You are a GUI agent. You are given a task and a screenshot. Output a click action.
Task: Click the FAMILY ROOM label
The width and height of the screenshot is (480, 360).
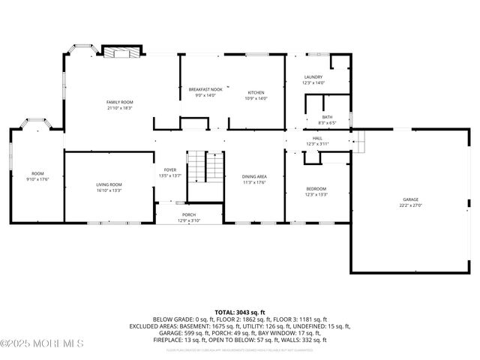(x=118, y=101)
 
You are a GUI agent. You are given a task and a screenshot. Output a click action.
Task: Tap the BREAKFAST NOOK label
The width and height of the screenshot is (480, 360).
(x=205, y=89)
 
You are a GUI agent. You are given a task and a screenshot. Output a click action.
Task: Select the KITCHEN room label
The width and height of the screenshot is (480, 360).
(x=256, y=92)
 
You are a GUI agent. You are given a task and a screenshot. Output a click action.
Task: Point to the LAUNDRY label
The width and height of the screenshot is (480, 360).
(x=313, y=77)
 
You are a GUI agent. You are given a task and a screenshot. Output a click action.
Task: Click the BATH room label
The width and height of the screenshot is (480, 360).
(x=327, y=117)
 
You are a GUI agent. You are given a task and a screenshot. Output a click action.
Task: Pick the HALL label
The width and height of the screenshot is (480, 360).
(x=316, y=138)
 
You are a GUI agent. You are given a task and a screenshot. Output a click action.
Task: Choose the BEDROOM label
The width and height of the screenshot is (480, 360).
(x=316, y=188)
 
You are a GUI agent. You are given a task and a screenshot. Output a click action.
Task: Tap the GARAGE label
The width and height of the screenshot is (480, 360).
(x=412, y=199)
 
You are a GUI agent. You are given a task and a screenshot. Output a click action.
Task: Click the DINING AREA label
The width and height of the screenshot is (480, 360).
(x=254, y=176)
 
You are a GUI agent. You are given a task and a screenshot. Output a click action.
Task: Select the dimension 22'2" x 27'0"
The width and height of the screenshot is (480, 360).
(x=412, y=205)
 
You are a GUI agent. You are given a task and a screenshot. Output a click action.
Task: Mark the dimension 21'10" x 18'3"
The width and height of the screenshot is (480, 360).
(x=118, y=108)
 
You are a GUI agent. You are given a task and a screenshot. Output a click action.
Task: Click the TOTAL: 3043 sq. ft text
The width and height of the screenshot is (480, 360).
(x=240, y=312)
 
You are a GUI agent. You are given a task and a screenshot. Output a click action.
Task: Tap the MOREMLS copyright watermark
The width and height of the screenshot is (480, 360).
(x=42, y=343)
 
